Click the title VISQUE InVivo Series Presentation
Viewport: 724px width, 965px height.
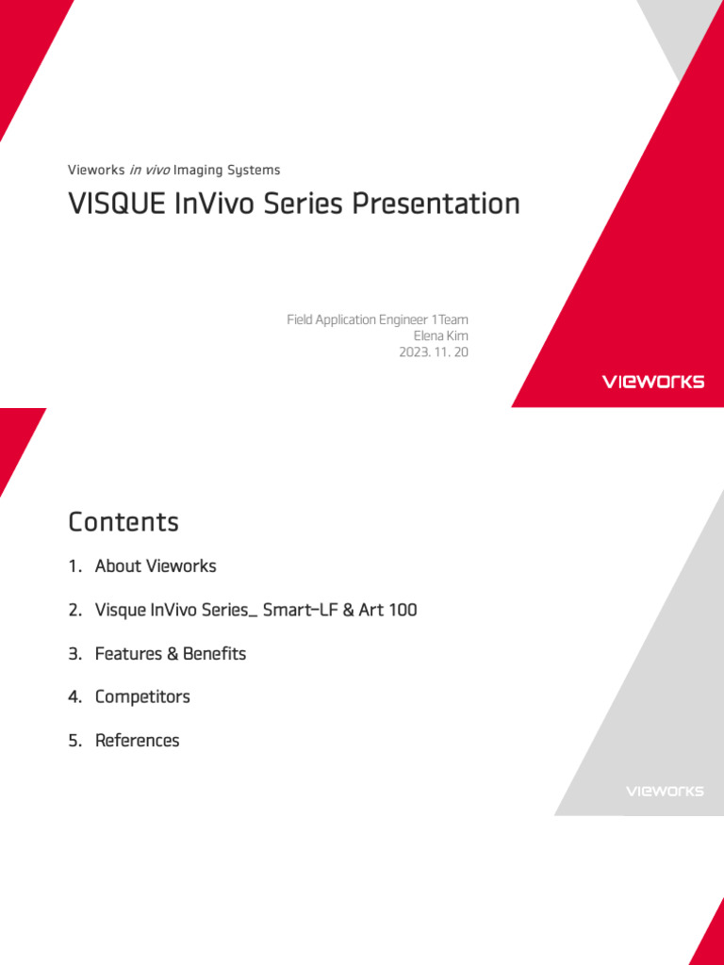pos(293,204)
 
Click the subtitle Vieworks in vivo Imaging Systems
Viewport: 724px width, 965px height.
pos(173,171)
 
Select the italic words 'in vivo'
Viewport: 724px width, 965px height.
pos(149,171)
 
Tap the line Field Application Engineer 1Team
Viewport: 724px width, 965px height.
pos(377,320)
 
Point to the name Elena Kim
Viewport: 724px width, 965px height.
pos(440,336)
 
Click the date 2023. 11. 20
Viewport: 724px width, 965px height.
pos(433,352)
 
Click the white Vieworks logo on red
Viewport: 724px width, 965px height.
pos(652,382)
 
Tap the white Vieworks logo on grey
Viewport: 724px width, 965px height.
pos(665,791)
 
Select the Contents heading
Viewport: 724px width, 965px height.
pos(123,522)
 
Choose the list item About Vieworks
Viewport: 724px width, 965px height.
pos(156,566)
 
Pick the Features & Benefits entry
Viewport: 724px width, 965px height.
pos(171,654)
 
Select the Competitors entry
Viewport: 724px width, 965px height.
pos(142,697)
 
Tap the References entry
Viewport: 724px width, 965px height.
pos(137,741)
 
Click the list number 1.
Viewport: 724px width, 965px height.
pos(74,566)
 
